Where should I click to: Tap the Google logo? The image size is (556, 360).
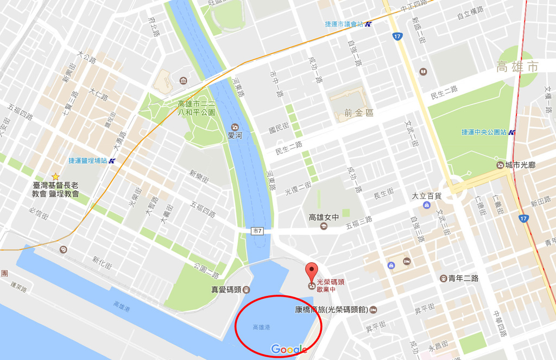(289, 349)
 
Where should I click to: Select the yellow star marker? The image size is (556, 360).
(55, 176)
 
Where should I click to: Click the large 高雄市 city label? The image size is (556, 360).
(517, 67)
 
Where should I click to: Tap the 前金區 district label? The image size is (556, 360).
(359, 113)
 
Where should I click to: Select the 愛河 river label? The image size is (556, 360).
(235, 135)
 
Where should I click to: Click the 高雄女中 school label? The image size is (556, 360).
(324, 217)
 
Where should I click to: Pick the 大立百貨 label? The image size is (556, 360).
(426, 195)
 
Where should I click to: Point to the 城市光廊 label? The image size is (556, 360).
(520, 165)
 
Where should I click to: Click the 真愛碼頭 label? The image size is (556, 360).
(225, 289)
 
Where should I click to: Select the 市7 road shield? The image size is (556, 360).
(257, 231)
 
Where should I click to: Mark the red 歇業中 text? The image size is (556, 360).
(326, 289)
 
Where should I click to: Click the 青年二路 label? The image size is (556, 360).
(463, 278)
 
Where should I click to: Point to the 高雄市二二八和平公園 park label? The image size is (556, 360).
(197, 108)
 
